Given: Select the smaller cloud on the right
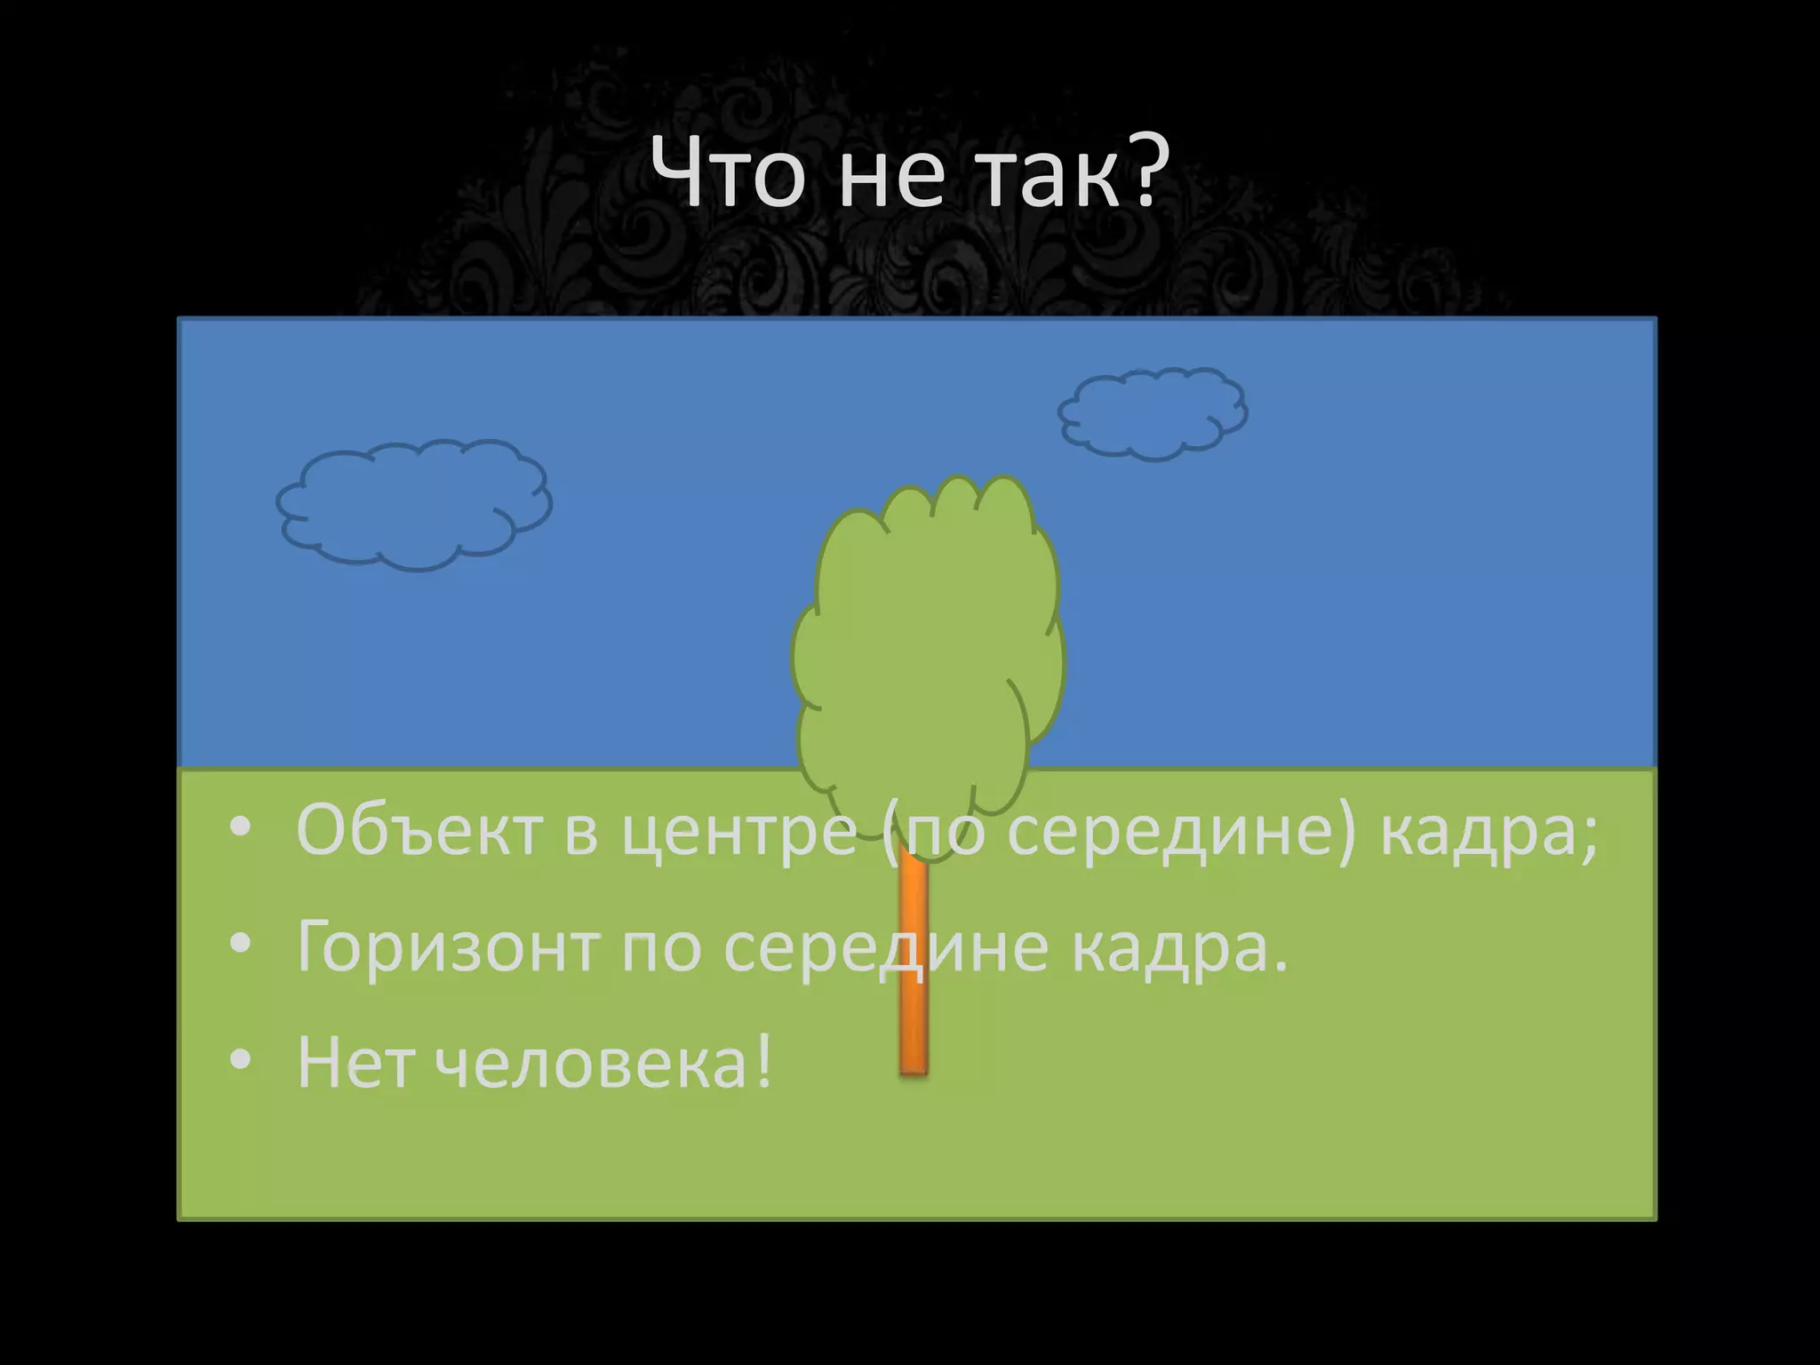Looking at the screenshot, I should pyautogui.click(x=1153, y=413).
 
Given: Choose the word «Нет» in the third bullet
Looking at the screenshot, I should pyautogui.click(x=355, y=1062).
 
